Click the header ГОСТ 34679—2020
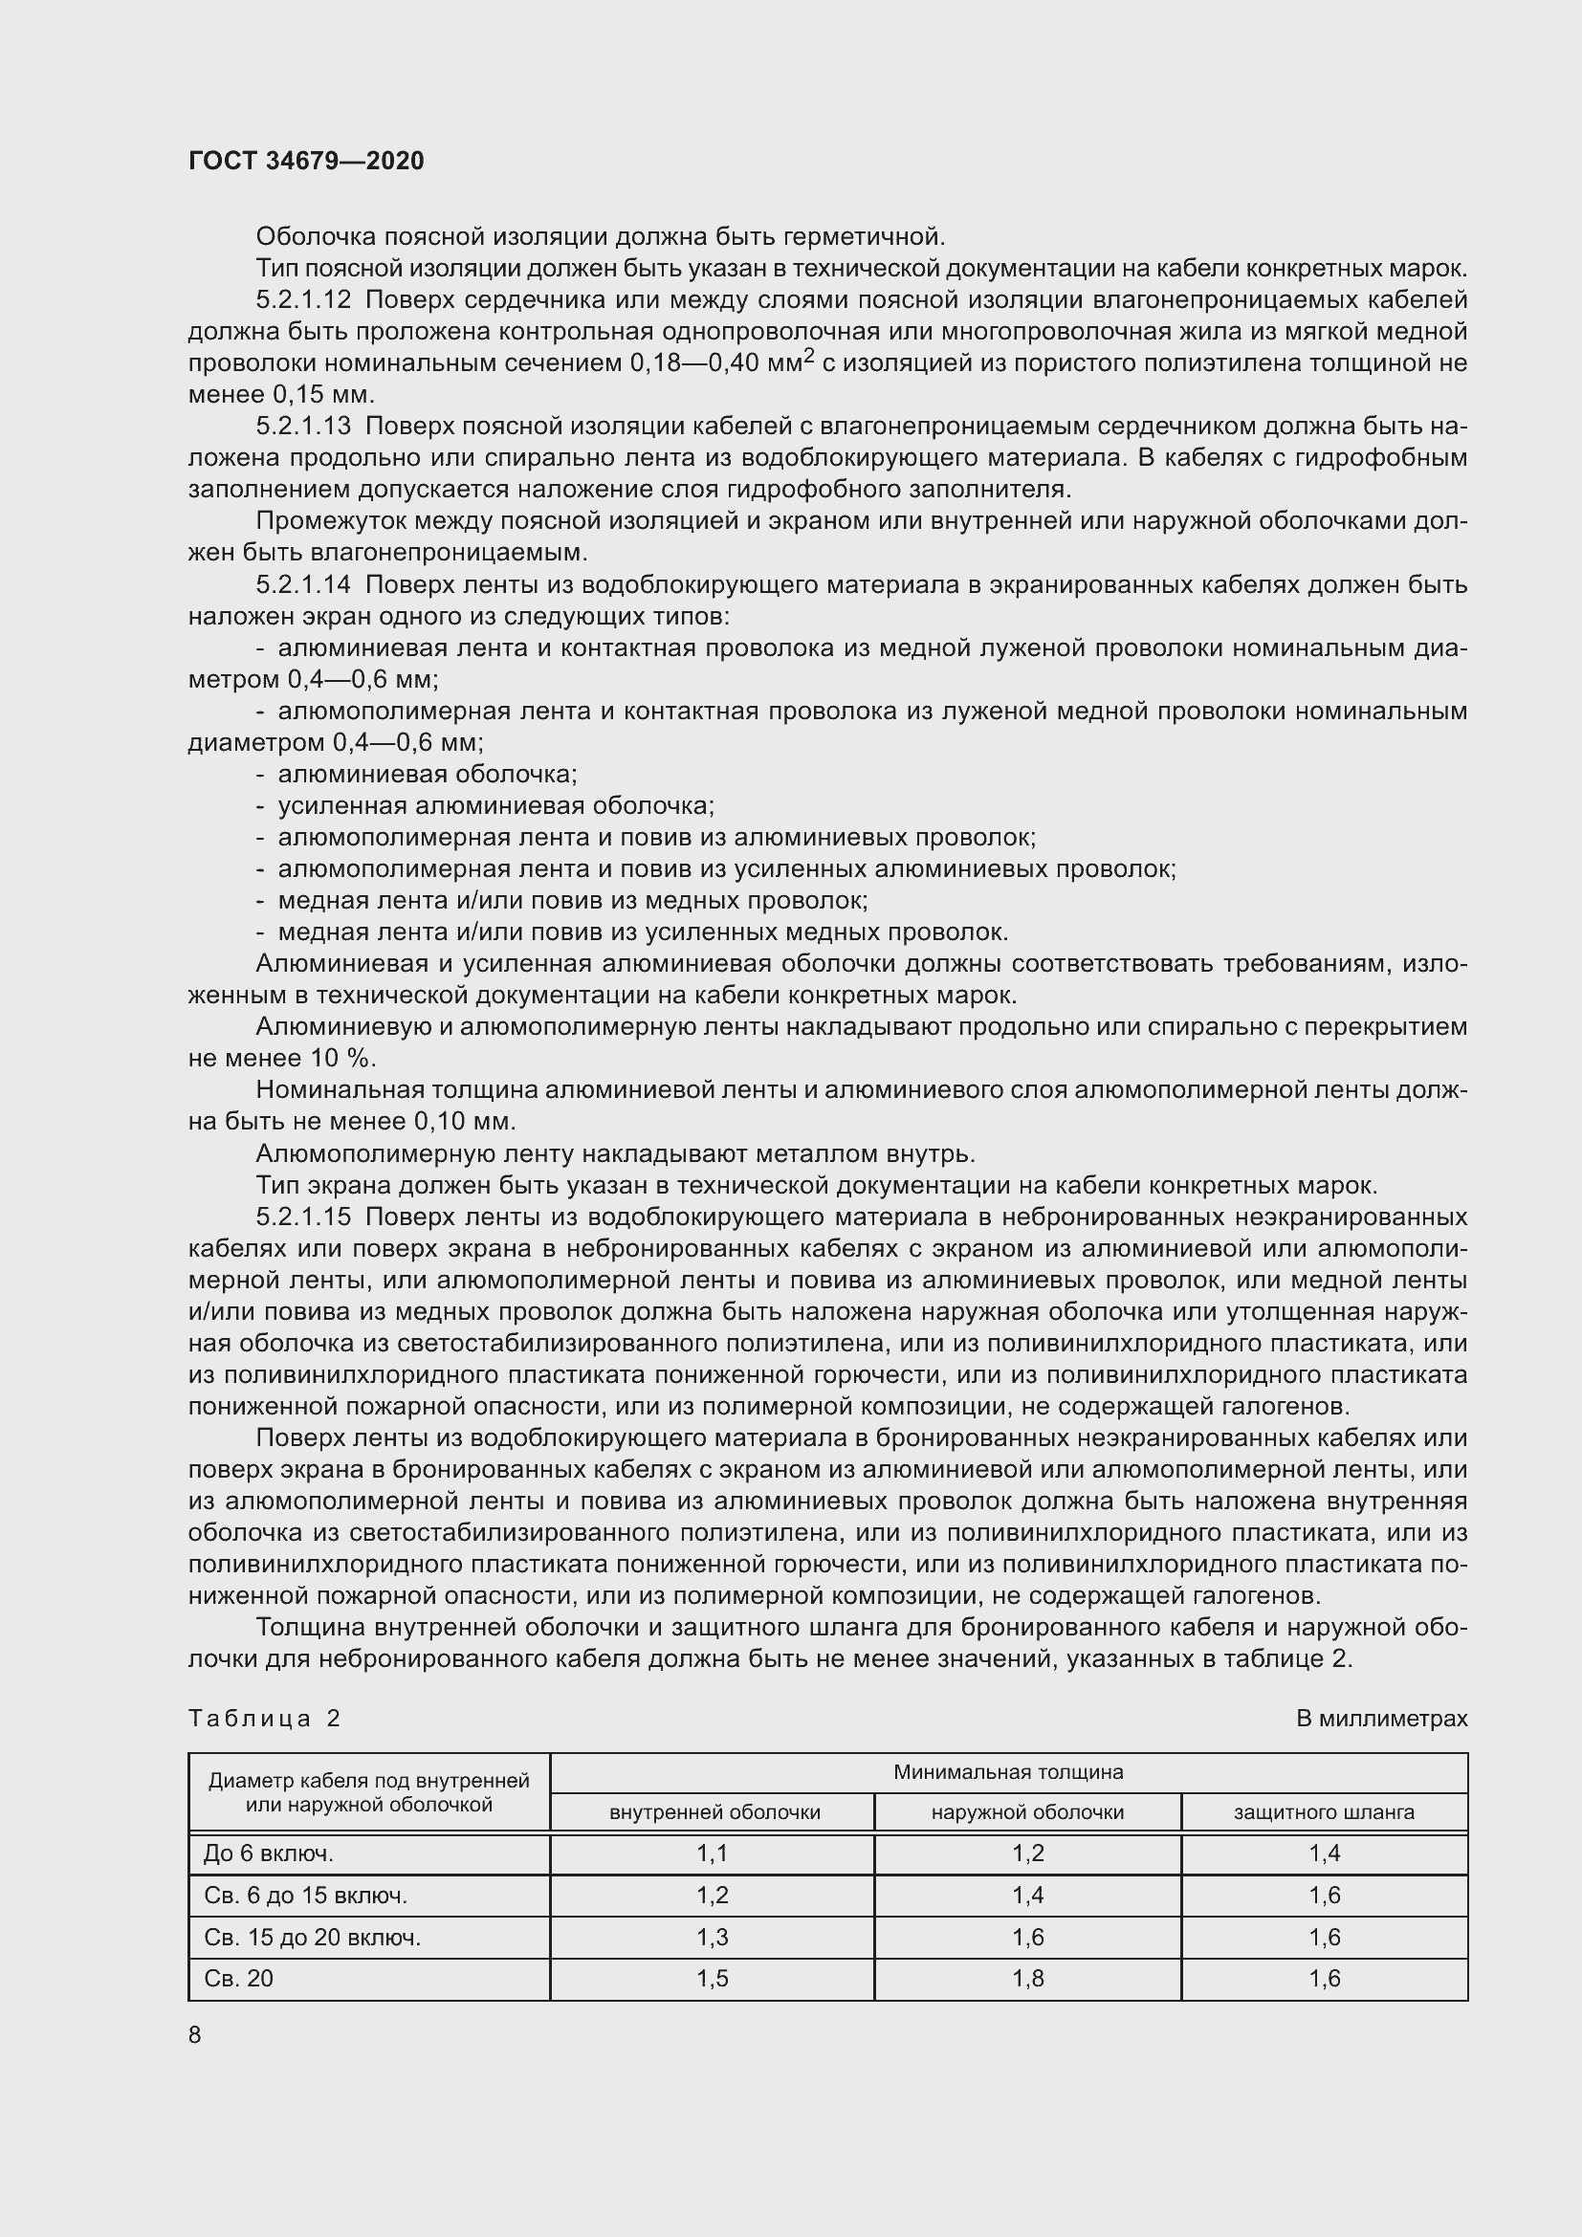coord(306,161)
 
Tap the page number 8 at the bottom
coord(195,2034)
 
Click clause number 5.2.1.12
coord(303,300)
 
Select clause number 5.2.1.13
coord(303,426)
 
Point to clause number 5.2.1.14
coord(303,584)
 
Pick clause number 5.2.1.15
coord(303,1217)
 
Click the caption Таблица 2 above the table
coord(264,1718)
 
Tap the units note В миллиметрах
coord(1381,1719)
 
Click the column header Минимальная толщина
coord(1008,1772)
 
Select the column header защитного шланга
coord(1324,1812)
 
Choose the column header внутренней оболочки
coord(714,1812)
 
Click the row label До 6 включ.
coord(269,1854)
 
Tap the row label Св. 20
coord(239,1979)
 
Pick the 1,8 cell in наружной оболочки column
coord(1027,1979)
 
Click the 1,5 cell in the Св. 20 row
coord(714,1979)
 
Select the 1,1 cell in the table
coord(714,1854)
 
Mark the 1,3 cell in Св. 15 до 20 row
coord(714,1937)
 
